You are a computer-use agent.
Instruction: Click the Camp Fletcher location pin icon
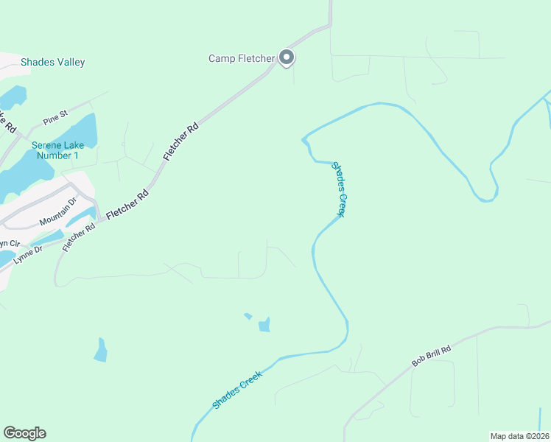pos(287,57)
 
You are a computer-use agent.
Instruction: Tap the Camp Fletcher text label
pos(242,58)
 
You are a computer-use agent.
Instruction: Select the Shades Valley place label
pos(52,63)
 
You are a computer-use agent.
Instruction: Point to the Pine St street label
pos(55,116)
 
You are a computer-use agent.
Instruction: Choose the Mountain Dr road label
pos(58,211)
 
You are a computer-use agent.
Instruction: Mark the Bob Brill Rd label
pos(431,354)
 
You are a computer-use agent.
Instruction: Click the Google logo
pos(24,433)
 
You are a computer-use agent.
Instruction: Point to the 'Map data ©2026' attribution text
pos(519,436)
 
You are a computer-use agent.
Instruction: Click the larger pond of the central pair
pos(264,324)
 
